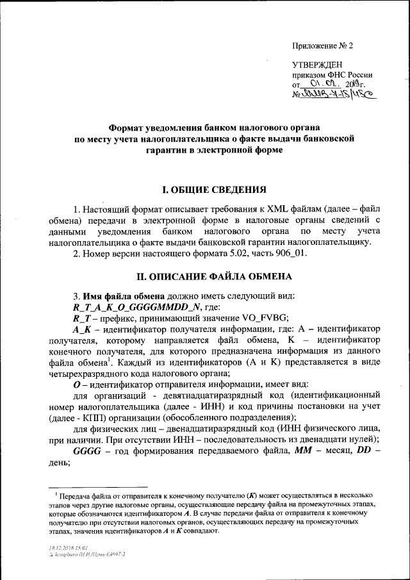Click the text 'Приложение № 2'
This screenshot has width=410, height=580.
[322, 46]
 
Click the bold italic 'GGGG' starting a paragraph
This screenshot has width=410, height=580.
[86, 451]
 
